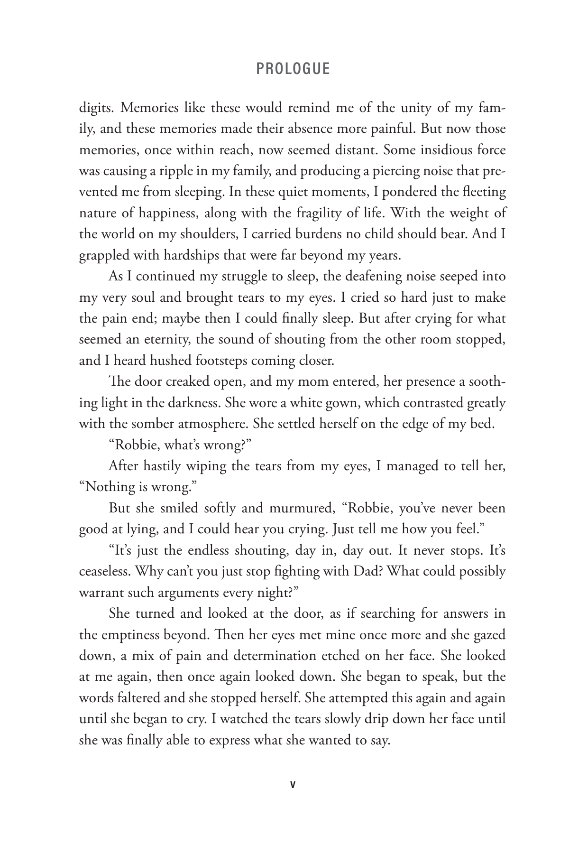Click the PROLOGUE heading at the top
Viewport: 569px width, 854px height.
(293, 69)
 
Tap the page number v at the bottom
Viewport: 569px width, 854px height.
(293, 785)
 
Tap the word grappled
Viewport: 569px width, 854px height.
(104, 255)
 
